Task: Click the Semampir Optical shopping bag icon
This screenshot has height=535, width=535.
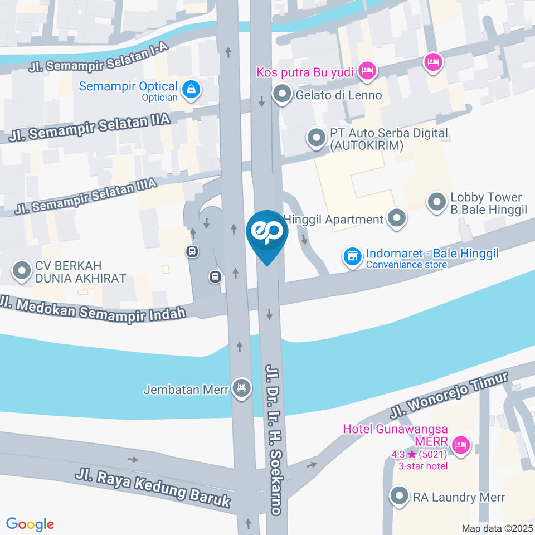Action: [x=191, y=89]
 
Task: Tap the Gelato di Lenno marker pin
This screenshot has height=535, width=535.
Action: [x=283, y=95]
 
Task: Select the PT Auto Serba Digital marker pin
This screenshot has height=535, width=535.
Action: [x=317, y=138]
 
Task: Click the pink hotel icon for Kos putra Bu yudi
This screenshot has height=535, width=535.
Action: [x=367, y=70]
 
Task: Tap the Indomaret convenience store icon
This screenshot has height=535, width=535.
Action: [x=352, y=257]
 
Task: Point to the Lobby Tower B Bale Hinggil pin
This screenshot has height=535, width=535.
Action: [x=436, y=203]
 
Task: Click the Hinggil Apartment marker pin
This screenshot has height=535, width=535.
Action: [x=397, y=218]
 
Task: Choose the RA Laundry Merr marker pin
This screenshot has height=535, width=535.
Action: [x=399, y=496]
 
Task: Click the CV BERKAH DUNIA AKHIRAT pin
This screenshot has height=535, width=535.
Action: [x=22, y=271]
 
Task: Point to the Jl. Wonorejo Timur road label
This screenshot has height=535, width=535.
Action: [x=449, y=395]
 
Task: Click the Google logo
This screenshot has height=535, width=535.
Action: [x=30, y=524]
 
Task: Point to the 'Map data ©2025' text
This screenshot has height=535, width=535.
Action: [x=497, y=528]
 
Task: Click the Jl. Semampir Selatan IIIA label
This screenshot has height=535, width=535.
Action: [x=86, y=196]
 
